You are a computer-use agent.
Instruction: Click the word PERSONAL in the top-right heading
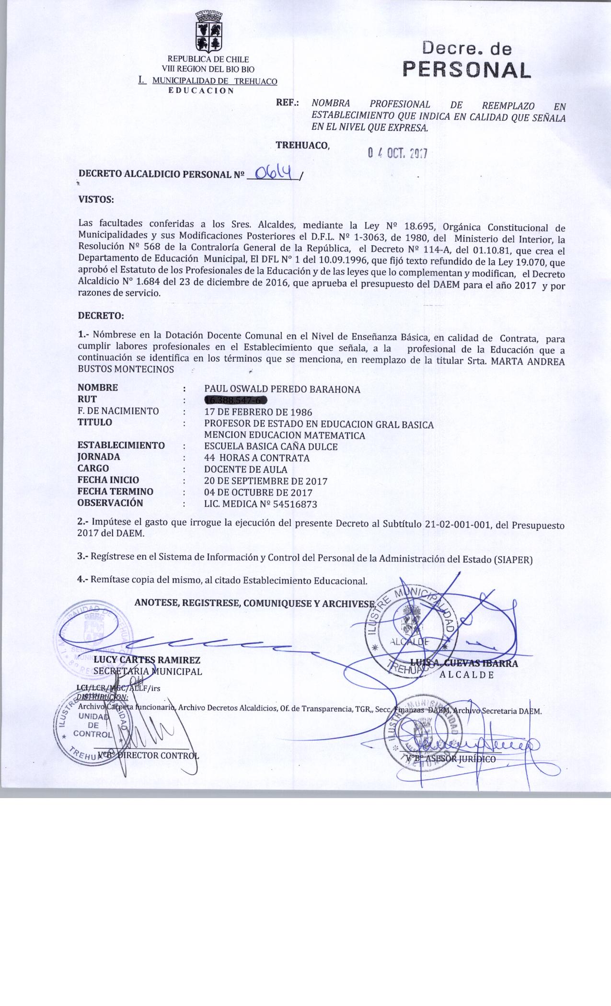pyautogui.click(x=467, y=70)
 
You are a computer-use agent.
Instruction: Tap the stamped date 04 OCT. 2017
pyautogui.click(x=397, y=153)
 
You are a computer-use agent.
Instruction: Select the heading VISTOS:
pyautogui.click(x=96, y=199)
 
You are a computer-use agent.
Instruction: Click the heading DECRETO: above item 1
pyautogui.click(x=101, y=316)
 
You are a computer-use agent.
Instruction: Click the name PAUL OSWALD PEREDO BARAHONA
pyautogui.click(x=282, y=389)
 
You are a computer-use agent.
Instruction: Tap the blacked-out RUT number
pyautogui.click(x=235, y=400)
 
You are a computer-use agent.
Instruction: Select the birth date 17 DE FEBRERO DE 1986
pyautogui.click(x=258, y=412)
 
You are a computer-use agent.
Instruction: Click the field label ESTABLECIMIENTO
pyautogui.click(x=121, y=446)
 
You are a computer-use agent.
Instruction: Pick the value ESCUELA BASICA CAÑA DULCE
pyautogui.click(x=271, y=447)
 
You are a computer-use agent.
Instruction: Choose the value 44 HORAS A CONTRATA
pyautogui.click(x=257, y=458)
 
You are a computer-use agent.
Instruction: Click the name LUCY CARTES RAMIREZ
pyautogui.click(x=147, y=660)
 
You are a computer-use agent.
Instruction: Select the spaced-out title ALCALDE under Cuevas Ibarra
pyautogui.click(x=467, y=675)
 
